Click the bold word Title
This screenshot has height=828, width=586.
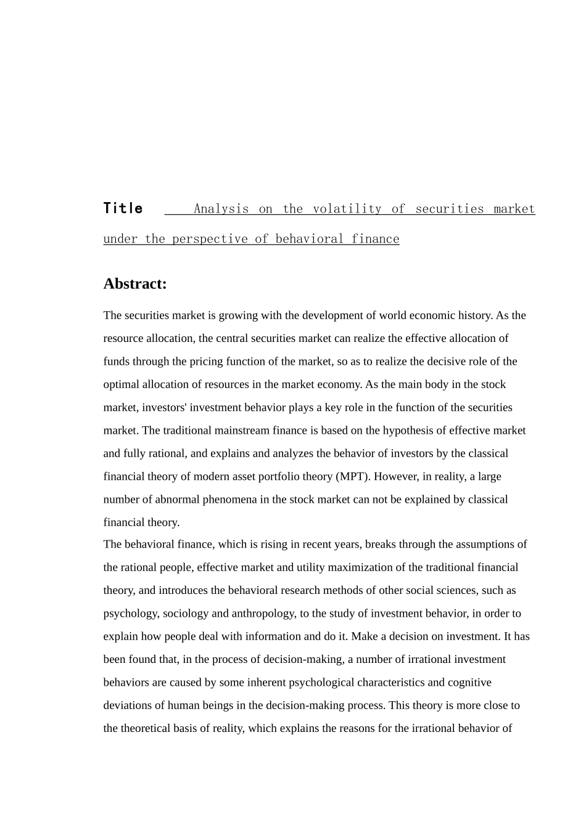[x=123, y=208]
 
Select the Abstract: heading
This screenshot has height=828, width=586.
[x=135, y=283]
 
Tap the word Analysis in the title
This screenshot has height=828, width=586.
[x=221, y=209]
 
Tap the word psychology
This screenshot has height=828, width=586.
[x=131, y=614]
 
